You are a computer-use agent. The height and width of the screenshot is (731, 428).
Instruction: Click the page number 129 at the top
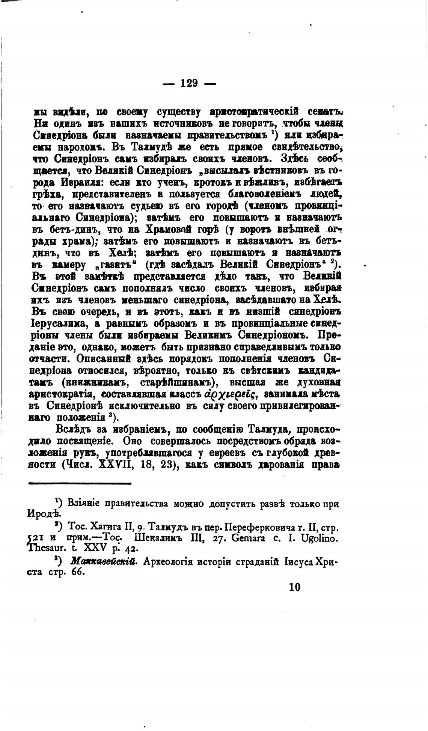coord(189,83)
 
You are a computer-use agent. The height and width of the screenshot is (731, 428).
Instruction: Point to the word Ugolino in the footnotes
coord(324,538)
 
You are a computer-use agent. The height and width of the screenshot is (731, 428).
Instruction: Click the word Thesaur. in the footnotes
coord(47,548)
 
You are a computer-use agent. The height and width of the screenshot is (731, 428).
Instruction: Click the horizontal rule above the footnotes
coord(80,483)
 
